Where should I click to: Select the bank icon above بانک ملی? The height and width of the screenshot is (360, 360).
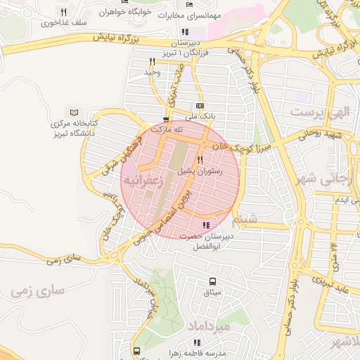(x=200, y=106)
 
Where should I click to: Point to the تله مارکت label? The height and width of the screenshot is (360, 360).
(x=169, y=129)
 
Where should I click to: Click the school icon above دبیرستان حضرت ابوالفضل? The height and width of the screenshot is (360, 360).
(x=205, y=225)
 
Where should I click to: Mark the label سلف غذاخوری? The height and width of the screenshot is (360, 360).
(x=63, y=22)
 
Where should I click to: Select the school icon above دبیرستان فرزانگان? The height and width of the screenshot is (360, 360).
(x=184, y=32)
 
